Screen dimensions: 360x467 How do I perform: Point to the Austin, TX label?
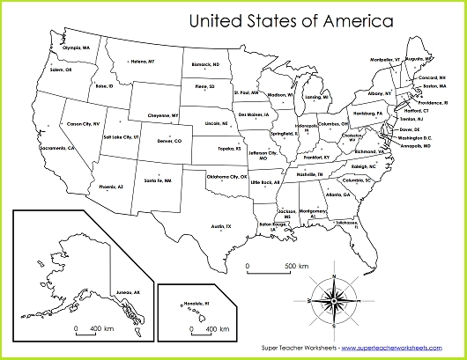[x=221, y=226]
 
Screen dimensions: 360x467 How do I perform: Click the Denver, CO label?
[x=168, y=141]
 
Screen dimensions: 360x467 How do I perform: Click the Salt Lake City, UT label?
[x=121, y=137]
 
